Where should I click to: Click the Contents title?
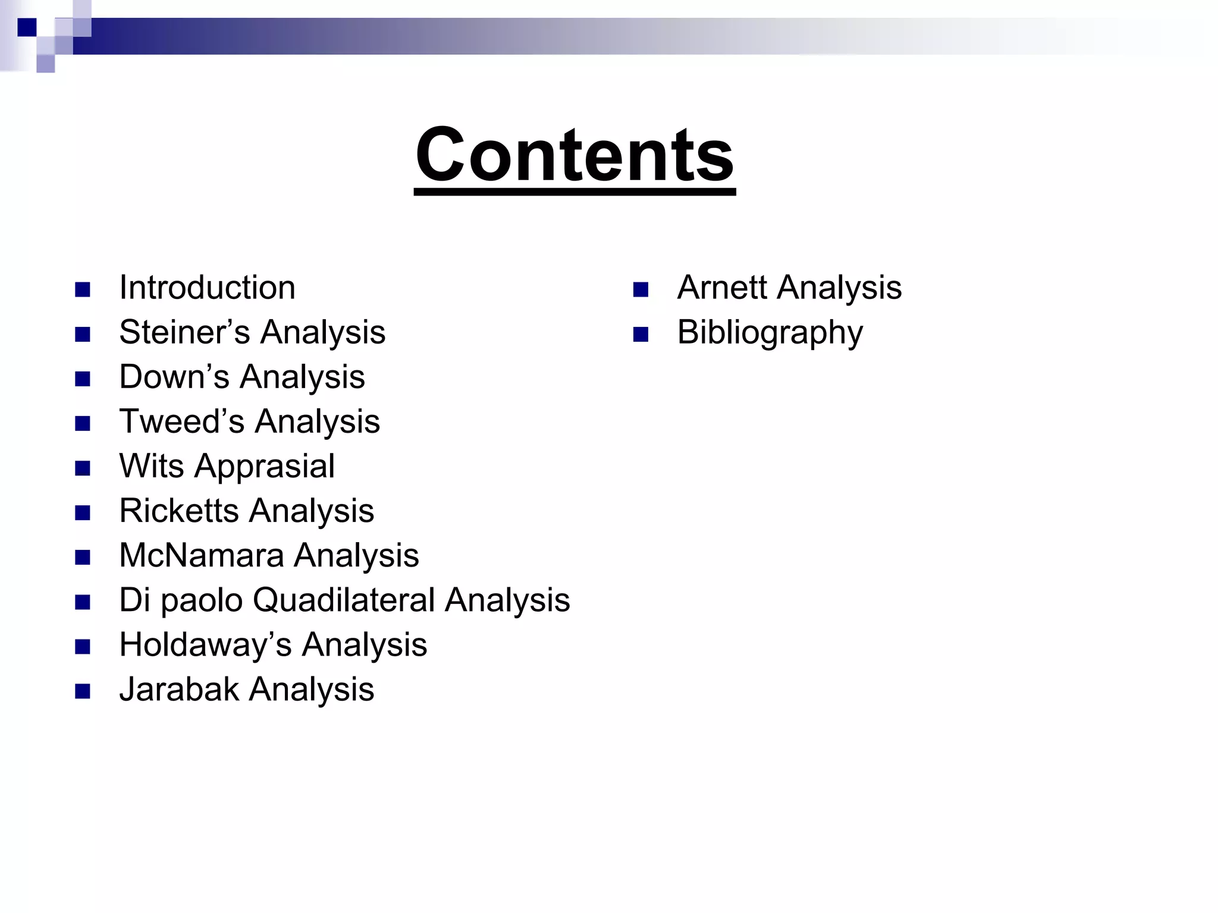tap(575, 155)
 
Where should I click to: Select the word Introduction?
tap(207, 288)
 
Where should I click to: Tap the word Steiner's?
tap(184, 332)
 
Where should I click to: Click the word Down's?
tap(174, 377)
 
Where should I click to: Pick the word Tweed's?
tap(181, 421)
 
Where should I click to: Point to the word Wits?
tap(151, 466)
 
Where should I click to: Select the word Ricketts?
tap(179, 511)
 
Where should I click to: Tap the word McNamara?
tap(202, 555)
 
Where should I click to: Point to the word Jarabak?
tap(179, 690)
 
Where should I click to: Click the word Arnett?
tap(721, 288)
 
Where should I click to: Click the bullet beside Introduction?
tap(83, 290)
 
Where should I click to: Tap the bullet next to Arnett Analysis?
tap(641, 290)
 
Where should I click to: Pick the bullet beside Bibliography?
tap(641, 335)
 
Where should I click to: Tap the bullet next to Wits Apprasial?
tap(83, 468)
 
